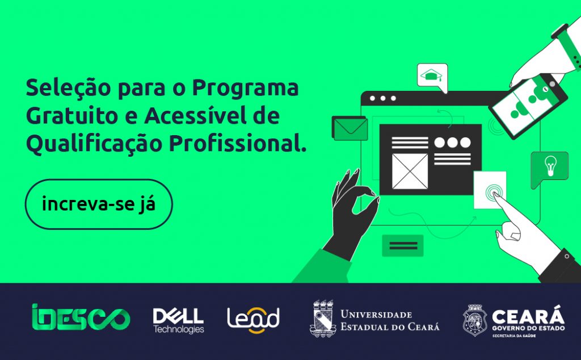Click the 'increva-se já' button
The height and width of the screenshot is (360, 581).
99,204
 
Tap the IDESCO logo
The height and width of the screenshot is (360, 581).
81,319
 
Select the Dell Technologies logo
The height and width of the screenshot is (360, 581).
178,320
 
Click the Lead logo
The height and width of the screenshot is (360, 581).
253,320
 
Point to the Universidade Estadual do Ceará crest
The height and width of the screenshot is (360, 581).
323,319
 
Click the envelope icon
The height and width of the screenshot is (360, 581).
350,128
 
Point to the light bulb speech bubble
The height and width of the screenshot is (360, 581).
549,166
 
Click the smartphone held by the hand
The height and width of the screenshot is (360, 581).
528,104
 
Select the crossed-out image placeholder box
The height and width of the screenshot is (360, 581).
410,171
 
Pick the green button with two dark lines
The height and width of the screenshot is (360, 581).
403,245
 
